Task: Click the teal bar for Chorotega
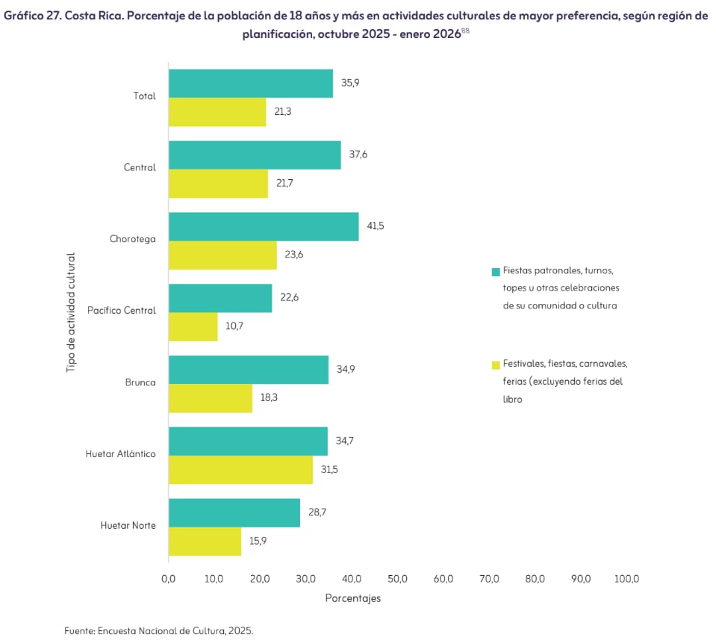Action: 264,226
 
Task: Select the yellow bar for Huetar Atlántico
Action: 240,470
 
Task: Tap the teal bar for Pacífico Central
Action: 220,298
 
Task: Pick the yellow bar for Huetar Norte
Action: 205,541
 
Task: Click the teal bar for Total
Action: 251,84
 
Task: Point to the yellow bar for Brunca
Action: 211,398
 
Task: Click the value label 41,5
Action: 376,226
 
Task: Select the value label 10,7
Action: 234,326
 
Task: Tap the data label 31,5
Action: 329,470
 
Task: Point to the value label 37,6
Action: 358,155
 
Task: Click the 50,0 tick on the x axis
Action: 397,579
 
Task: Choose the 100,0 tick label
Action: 626,579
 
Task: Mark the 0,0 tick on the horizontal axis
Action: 169,579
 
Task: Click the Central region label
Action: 140,167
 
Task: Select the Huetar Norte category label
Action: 128,526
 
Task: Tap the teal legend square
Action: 496,272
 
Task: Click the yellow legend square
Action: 496,365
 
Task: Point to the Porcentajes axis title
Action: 353,598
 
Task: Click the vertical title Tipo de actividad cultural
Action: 71,312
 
